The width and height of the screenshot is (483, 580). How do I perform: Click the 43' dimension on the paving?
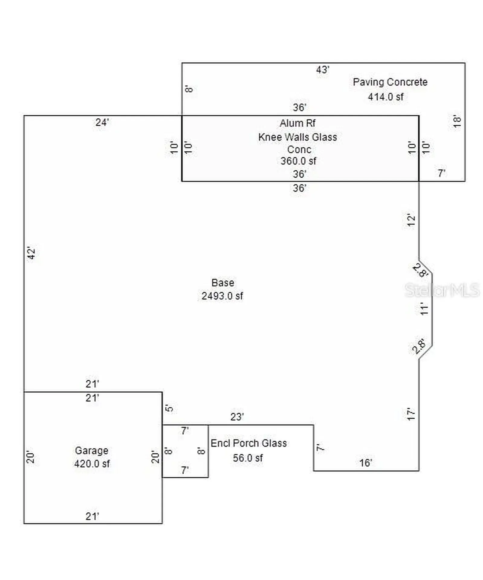click(x=322, y=70)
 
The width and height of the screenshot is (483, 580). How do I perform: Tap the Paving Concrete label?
click(x=390, y=82)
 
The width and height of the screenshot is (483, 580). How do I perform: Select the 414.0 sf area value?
click(x=385, y=97)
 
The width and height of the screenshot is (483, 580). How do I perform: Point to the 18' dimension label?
click(x=457, y=121)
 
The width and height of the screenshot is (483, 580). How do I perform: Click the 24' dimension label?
click(x=102, y=122)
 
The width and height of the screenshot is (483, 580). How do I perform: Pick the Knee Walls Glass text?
click(x=297, y=137)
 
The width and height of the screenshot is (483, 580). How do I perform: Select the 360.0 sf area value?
click(x=298, y=161)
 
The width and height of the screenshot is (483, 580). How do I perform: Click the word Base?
click(x=223, y=282)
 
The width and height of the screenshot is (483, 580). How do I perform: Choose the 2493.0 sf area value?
click(x=222, y=296)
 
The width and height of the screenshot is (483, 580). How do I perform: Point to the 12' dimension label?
click(x=411, y=220)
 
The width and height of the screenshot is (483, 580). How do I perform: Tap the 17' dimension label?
click(x=411, y=414)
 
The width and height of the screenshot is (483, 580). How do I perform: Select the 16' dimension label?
click(x=365, y=462)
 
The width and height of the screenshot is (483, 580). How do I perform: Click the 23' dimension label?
click(x=237, y=417)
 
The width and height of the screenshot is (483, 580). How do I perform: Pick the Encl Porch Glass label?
click(x=248, y=443)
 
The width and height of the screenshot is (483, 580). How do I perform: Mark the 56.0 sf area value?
click(x=248, y=458)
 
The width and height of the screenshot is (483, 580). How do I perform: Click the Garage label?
click(x=91, y=450)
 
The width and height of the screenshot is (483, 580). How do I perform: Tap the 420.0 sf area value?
click(x=92, y=463)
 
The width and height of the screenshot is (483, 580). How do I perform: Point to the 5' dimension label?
click(x=169, y=408)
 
